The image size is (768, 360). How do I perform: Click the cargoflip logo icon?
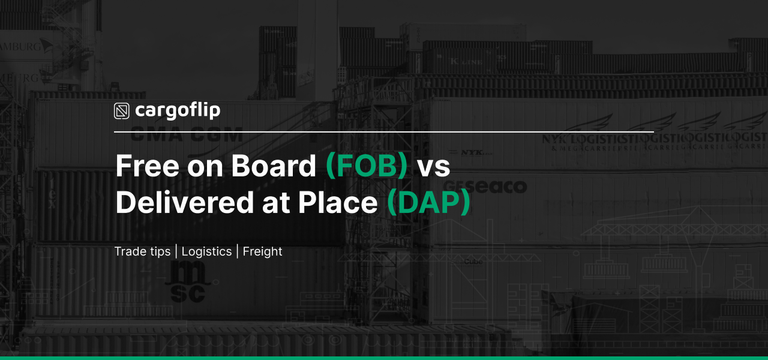122,111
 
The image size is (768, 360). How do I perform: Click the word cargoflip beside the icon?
177,111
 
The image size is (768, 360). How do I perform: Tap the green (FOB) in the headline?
366,166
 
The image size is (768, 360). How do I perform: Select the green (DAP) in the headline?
428,203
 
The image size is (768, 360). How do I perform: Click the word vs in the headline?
433,167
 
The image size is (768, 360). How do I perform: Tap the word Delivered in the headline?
184,203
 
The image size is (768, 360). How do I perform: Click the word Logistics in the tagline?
206,251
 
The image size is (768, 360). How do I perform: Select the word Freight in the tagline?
262,251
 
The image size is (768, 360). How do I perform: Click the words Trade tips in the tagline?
143,251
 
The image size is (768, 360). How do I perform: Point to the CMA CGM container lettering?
186,135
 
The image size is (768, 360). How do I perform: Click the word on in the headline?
207,167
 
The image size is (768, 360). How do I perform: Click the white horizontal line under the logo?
384,131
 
